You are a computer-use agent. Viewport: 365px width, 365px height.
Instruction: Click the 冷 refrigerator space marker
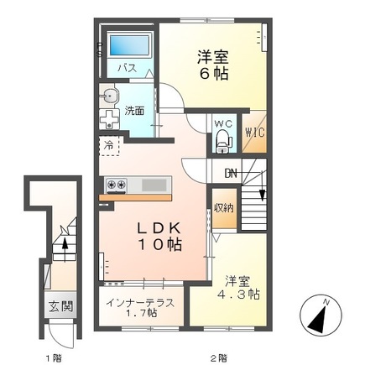109,146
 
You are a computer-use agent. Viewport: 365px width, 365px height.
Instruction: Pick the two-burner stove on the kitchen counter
115,184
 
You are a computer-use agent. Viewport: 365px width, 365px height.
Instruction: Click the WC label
222,123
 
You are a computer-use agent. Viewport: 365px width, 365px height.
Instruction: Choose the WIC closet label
255,133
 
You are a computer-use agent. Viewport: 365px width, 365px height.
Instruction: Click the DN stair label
231,175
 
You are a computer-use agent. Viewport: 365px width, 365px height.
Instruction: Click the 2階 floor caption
220,357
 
